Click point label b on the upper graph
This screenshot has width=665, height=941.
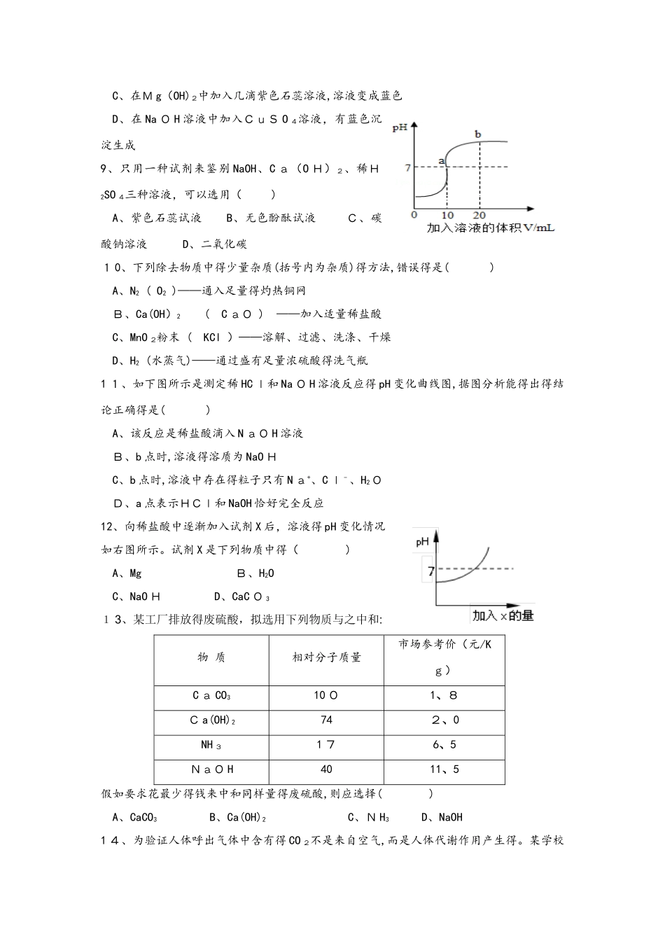click(478, 134)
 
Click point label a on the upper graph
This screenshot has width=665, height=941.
click(442, 160)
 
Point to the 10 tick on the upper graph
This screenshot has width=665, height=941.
click(447, 215)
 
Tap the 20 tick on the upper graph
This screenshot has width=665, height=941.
click(479, 215)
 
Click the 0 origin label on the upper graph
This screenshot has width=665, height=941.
click(414, 215)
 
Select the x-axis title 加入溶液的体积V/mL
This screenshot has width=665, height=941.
click(490, 228)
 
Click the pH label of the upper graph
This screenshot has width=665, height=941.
click(400, 127)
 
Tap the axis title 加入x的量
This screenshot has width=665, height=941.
click(503, 615)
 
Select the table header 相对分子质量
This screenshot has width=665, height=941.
click(326, 657)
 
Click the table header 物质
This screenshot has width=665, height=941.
click(211, 657)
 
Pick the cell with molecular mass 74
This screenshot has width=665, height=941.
click(326, 720)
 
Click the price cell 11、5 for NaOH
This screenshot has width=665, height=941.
click(444, 769)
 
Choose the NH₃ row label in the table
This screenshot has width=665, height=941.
click(211, 745)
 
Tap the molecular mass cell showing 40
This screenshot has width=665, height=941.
click(326, 769)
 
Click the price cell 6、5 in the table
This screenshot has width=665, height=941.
click(444, 745)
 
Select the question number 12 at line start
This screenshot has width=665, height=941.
click(107, 527)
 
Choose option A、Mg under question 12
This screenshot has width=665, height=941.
click(127, 573)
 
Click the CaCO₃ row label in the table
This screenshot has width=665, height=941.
click(211, 696)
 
